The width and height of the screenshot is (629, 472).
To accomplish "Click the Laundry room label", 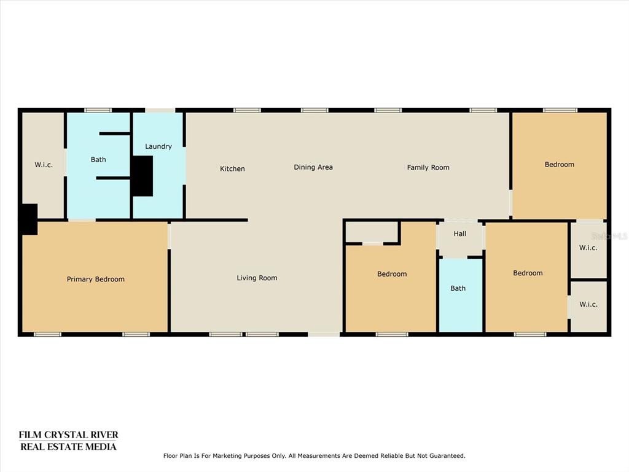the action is [x=158, y=146].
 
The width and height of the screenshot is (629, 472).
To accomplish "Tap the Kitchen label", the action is [x=232, y=168].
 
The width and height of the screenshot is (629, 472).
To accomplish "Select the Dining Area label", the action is [x=313, y=167].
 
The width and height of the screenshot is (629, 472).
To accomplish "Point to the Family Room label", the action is [x=428, y=167].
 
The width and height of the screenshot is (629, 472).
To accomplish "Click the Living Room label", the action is [x=257, y=278].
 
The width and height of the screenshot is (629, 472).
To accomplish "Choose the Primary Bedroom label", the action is [x=95, y=280].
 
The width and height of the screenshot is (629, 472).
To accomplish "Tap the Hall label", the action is [x=459, y=234].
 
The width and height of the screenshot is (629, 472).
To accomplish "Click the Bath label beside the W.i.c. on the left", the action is [x=98, y=159].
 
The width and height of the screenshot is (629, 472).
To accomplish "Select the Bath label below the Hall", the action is [x=458, y=288].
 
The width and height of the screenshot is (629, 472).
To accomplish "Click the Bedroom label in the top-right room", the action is [x=559, y=164].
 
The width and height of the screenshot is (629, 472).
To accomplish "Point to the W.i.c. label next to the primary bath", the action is [x=44, y=165].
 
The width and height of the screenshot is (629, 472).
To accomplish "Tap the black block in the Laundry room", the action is [x=143, y=176].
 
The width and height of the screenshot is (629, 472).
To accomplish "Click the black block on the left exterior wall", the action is [x=29, y=219].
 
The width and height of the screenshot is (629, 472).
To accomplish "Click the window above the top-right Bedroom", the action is [x=560, y=110].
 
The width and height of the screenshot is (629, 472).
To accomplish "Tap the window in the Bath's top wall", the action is [x=98, y=110].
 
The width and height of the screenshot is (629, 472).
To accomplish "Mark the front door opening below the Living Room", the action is [x=324, y=334].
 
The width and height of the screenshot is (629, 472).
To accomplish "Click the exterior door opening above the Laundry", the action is [x=160, y=110].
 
